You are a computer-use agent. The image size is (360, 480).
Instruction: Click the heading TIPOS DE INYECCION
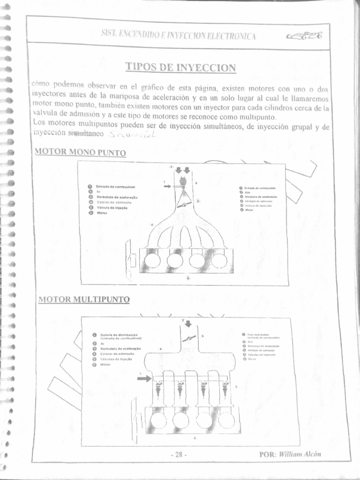pos(180,67)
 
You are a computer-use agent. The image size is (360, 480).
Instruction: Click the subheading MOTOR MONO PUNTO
pos(81,152)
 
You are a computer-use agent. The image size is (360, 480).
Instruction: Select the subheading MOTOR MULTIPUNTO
pos(84,299)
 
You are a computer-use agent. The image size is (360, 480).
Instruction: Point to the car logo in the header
pos(304,36)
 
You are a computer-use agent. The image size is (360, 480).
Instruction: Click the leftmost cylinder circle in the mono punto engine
pos(152,260)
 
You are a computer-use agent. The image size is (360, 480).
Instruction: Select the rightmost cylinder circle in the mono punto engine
pos(219,260)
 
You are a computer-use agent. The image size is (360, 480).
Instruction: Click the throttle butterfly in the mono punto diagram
pos(184,205)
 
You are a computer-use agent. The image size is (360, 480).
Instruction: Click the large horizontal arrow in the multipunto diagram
pos(144,378)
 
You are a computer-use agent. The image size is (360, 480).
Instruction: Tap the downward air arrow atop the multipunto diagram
pos(188,323)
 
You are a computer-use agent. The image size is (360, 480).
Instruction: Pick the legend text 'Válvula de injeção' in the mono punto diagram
pos(112,207)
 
